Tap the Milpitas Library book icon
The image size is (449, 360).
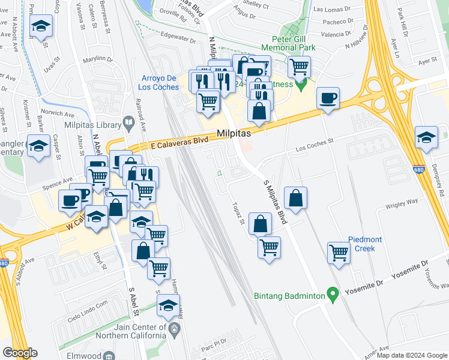128,124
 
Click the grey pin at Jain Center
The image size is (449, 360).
174,329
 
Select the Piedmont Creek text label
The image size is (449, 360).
358,244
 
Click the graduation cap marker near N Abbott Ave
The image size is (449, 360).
41,26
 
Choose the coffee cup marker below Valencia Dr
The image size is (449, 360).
328,98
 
